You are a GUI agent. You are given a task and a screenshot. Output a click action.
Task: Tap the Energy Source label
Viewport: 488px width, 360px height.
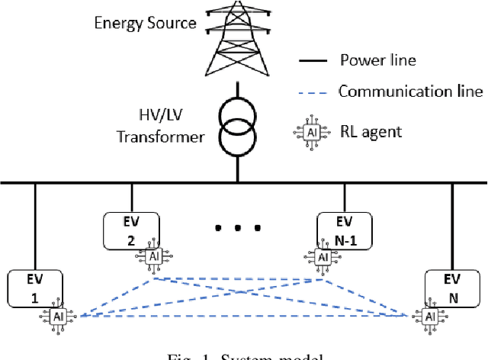click(x=145, y=22)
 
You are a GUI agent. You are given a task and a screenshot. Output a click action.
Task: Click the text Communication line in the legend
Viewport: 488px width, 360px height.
click(x=410, y=92)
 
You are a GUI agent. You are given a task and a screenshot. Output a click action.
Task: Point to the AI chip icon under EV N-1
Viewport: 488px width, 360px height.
click(x=324, y=258)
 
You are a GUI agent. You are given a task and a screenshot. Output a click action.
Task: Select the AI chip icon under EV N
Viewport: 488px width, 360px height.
click(x=429, y=317)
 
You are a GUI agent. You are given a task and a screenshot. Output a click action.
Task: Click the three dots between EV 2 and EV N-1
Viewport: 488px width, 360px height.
click(x=239, y=227)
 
